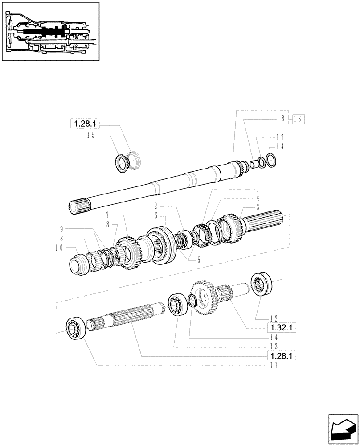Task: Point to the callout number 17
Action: tap(279, 137)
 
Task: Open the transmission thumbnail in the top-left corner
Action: tap(49, 31)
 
